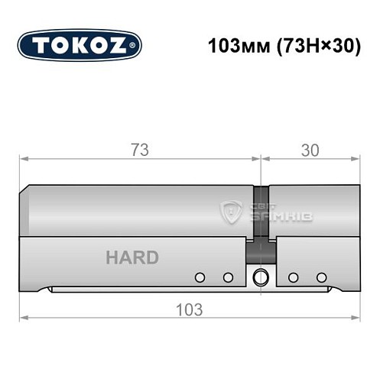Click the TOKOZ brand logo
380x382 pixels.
pos(80,45)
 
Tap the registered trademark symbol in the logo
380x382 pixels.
pos(135,46)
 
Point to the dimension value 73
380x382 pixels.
pos(139,149)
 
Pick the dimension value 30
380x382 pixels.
pos(310,149)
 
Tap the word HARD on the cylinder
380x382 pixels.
pos(132,257)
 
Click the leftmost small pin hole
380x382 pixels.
pos(200,277)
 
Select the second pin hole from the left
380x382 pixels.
pos(227,277)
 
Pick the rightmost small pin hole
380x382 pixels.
pos(321,277)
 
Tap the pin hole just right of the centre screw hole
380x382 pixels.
pos(293,277)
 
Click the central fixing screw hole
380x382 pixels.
pos(261,277)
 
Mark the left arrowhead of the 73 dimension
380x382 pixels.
pos(23,159)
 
